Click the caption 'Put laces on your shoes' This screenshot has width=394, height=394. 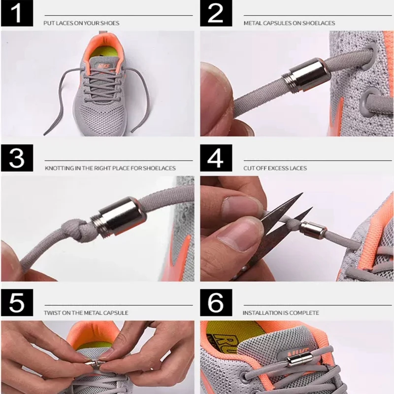point(82,23)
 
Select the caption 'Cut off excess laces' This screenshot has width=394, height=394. point(275,168)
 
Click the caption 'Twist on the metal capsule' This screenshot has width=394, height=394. point(86,313)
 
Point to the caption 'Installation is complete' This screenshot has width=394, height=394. point(281,313)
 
